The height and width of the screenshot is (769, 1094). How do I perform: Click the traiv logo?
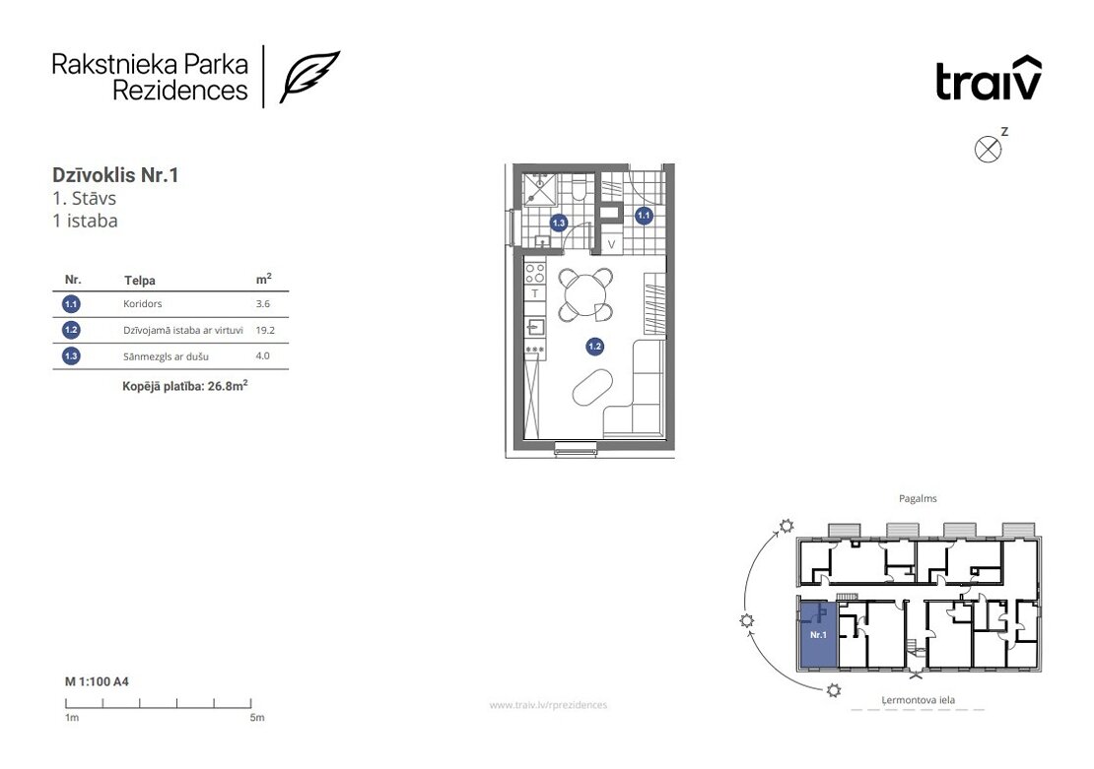[x=988, y=78]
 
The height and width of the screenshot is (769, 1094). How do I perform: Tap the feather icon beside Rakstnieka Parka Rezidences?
[x=309, y=77]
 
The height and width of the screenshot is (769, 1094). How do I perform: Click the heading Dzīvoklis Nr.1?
[x=115, y=175]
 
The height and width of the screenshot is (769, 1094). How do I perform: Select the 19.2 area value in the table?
[x=265, y=330]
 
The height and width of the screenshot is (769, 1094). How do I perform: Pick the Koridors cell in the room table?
[x=142, y=304]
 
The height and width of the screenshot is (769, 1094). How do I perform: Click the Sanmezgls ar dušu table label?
[x=166, y=356]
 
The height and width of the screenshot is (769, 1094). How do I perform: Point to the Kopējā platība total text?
[x=185, y=386]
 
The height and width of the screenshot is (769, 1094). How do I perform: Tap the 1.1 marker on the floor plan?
[x=644, y=216]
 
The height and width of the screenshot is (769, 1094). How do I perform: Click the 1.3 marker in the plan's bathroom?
[x=558, y=224]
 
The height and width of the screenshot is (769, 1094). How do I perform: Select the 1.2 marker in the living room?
[x=594, y=346]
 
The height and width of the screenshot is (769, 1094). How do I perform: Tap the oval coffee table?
[x=592, y=388]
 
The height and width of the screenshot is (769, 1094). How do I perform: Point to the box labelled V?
[x=611, y=245]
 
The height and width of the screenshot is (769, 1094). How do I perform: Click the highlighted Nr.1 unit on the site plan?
[x=817, y=634]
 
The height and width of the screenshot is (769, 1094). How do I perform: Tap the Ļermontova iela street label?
[x=918, y=700]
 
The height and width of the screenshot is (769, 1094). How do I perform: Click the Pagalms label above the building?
[x=918, y=498]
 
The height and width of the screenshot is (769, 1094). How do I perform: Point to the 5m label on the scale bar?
[x=257, y=718]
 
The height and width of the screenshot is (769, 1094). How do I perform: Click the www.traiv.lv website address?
[x=548, y=705]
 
